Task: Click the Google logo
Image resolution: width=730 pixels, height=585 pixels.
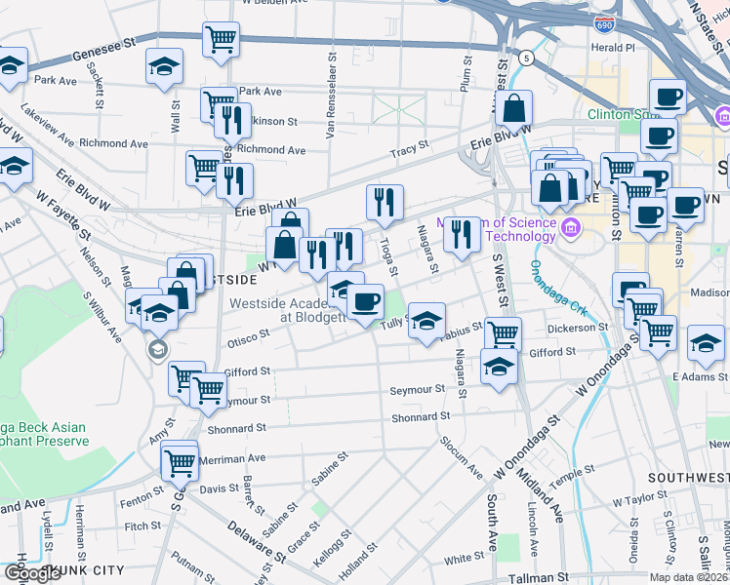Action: (x=33, y=572)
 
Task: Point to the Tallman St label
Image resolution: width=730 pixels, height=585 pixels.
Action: (x=538, y=578)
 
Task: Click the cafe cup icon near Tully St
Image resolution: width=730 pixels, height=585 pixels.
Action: (x=366, y=301)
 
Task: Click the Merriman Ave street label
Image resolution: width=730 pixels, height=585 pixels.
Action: (x=231, y=457)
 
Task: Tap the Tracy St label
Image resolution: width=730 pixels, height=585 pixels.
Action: (x=410, y=148)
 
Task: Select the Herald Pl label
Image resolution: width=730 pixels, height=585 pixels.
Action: (x=614, y=47)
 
